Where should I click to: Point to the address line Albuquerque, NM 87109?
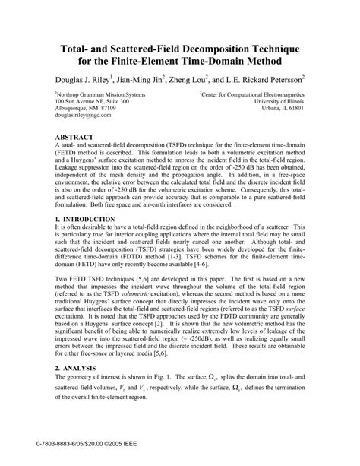pyautogui.click(x=86, y=108)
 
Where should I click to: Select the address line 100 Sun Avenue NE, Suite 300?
pyautogui.click(x=92, y=100)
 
